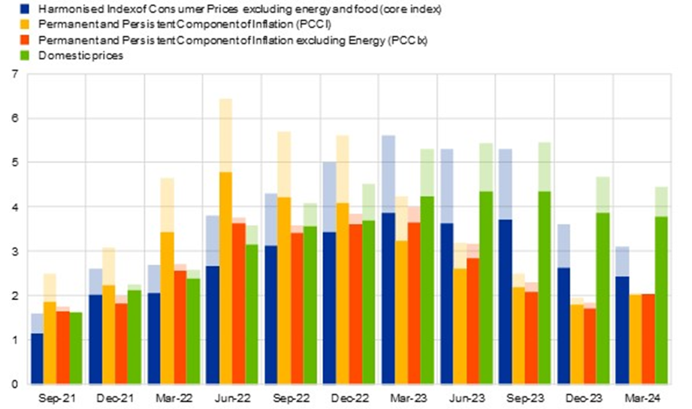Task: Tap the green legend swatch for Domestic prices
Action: tap(8, 56)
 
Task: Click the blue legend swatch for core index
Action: tap(8, 8)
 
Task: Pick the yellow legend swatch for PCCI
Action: tap(8, 24)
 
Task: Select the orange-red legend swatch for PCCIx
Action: tap(8, 40)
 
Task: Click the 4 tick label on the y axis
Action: tap(14, 207)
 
